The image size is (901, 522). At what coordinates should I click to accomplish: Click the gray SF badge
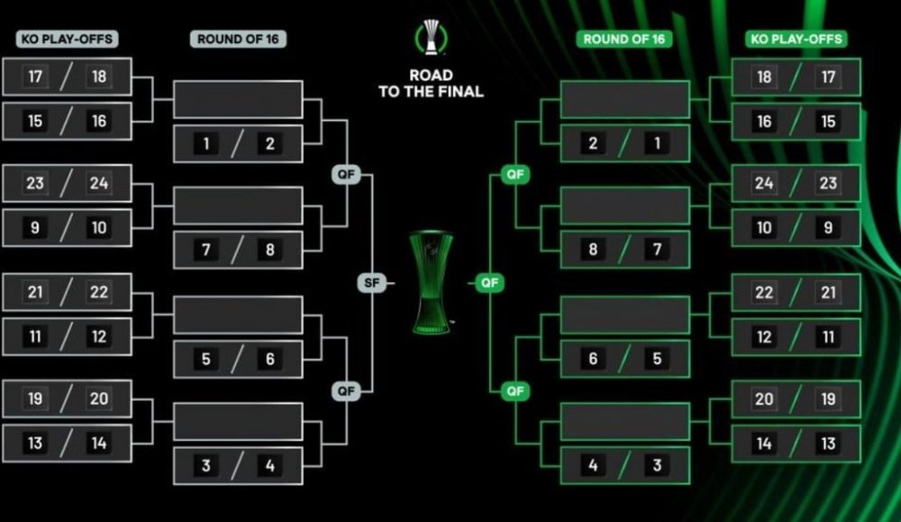[x=372, y=282]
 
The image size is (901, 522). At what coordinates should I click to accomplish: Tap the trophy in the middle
[x=432, y=282]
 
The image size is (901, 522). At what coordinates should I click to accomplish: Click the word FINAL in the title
[x=457, y=91]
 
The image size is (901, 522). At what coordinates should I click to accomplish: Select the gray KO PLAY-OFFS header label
[x=68, y=39]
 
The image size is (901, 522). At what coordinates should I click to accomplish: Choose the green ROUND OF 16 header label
[x=624, y=39]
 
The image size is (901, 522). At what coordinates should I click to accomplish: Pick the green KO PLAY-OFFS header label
[x=796, y=39]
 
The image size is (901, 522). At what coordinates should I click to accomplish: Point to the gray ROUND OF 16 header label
[x=238, y=39]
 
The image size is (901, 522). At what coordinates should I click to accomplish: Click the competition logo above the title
[x=431, y=37]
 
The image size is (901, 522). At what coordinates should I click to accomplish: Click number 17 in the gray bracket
[x=35, y=77]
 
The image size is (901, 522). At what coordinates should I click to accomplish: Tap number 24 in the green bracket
[x=764, y=183]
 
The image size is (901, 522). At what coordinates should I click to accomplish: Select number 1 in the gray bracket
[x=205, y=143]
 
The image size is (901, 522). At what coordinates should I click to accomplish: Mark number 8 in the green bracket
[x=593, y=250]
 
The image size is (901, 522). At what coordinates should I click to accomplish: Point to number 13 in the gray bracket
[x=35, y=444]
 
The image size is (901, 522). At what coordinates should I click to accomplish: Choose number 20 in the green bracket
[x=764, y=398]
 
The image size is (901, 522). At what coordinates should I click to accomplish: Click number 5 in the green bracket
[x=657, y=359]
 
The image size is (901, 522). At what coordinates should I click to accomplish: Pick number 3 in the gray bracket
[x=205, y=465]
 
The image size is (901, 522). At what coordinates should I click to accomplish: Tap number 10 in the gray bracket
[x=99, y=228]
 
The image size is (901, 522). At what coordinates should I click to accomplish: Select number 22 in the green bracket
[x=764, y=292]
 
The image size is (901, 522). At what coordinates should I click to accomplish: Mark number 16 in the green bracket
[x=764, y=122]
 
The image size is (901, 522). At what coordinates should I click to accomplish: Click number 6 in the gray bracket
[x=269, y=359]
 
